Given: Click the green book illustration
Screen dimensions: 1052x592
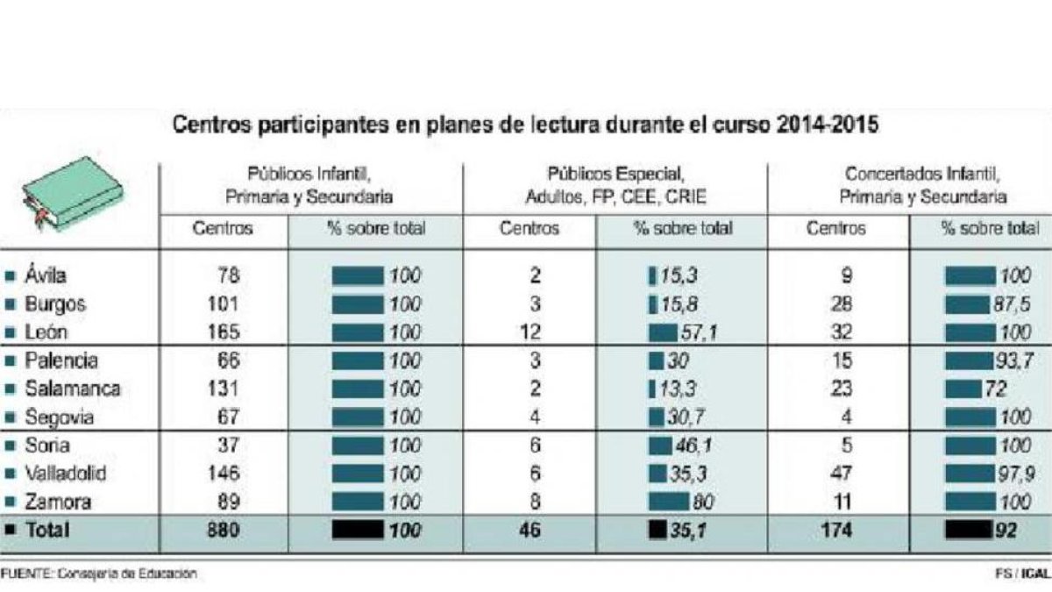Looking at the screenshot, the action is point(73,193).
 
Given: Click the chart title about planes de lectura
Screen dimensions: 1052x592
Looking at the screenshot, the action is point(525,125).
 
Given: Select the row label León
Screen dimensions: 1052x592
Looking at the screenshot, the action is point(46,332).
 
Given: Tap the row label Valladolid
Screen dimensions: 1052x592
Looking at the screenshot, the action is point(65,473).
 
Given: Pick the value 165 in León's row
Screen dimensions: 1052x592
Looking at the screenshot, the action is point(224,332).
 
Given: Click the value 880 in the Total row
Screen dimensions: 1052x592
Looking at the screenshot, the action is point(224,530).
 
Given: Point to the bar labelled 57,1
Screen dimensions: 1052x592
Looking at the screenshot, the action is point(663,333).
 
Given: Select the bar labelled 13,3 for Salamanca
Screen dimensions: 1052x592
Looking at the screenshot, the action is point(652,389).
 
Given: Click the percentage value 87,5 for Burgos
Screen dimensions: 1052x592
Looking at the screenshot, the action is point(1011,304).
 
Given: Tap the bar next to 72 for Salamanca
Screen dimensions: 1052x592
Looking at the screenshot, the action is point(963,389).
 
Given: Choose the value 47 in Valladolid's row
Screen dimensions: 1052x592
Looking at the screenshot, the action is point(841,473).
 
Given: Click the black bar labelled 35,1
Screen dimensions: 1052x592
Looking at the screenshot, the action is point(657,530).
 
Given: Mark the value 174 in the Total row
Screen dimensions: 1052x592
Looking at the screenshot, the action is point(837,530).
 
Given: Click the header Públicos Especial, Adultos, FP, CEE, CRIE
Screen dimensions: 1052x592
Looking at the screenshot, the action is point(615,186).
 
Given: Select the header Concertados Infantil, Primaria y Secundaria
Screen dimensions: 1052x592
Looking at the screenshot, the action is point(923,186).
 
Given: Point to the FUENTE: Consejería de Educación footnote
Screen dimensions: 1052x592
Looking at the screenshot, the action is point(98,574).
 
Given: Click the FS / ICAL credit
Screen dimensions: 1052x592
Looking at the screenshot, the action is point(1023,574).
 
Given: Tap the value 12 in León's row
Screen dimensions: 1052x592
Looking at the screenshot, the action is point(530,332).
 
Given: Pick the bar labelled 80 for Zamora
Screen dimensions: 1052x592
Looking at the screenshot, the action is point(669,502).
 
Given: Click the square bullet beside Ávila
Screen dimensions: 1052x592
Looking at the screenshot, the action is point(10,275).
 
